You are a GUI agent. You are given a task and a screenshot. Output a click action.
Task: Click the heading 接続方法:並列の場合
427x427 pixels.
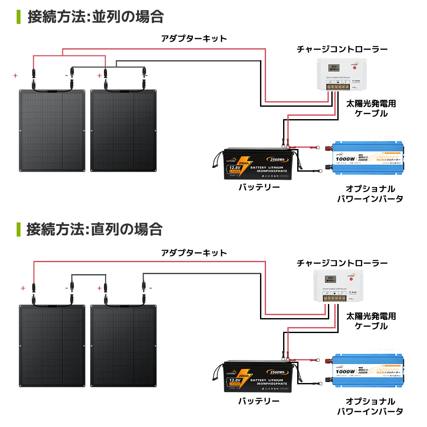pos(96,17)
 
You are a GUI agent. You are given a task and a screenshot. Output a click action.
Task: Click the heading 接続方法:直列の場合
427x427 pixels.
pos(94,229)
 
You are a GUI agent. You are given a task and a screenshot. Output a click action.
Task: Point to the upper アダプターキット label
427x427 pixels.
pos(194,39)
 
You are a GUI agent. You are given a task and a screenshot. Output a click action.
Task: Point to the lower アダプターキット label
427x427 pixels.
pos(194,252)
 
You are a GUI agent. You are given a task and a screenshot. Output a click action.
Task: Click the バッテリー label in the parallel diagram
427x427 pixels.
pos(259,188)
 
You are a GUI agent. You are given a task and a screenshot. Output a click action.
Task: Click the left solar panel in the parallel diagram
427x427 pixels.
pos(53,130)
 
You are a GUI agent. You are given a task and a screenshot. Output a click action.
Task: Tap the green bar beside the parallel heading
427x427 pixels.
pos(18,17)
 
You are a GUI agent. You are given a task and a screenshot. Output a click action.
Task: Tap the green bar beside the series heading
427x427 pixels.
pos(18,229)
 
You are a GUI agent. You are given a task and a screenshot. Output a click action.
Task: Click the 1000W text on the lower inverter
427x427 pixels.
pos(345,371)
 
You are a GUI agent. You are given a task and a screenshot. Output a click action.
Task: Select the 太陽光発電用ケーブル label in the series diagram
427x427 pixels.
pos(371,321)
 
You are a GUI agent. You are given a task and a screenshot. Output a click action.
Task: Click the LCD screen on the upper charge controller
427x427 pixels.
pos(333,67)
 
